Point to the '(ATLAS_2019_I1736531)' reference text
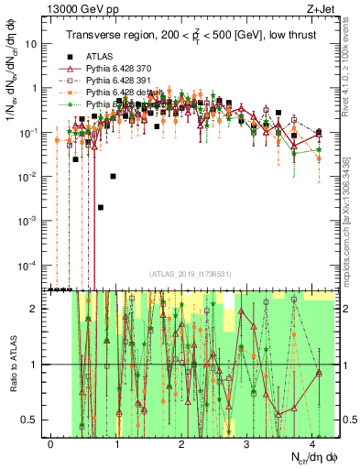click(x=189, y=274)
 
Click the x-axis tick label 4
click(x=312, y=442)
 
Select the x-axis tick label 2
click(x=181, y=442)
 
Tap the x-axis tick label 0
click(x=51, y=442)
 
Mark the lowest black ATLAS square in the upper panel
click(x=101, y=207)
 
